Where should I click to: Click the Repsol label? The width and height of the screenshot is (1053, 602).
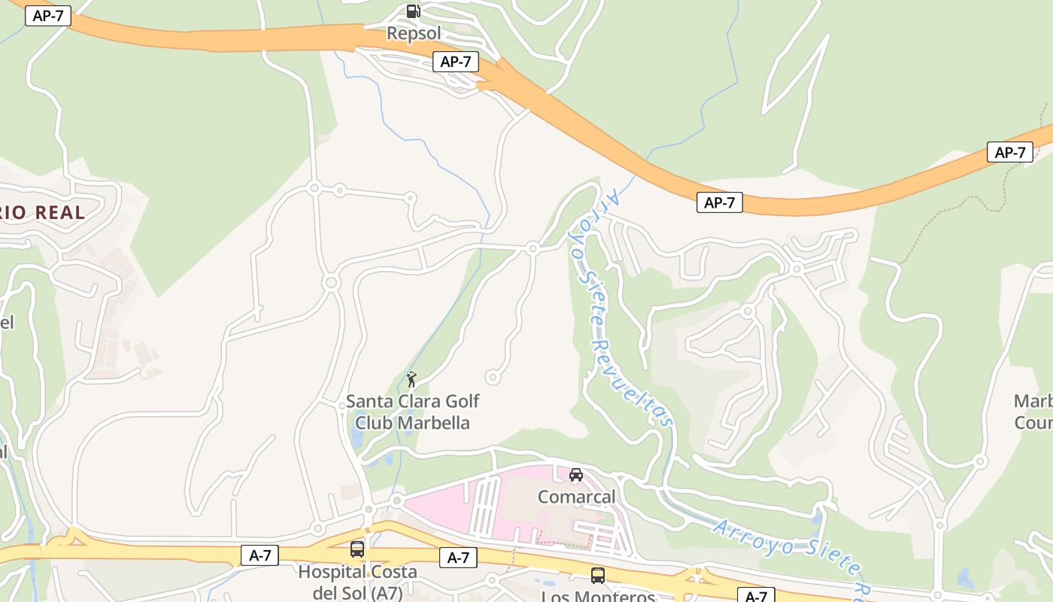point(413,33)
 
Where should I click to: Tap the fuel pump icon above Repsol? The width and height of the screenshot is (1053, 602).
point(413,11)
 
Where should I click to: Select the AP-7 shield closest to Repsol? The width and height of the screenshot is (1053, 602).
point(456,62)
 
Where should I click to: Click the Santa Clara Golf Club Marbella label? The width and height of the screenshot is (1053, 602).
point(412,412)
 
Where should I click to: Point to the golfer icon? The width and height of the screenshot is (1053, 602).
point(411,379)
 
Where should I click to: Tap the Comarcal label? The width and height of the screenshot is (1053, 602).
point(576,497)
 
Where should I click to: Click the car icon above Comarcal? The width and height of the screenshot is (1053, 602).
point(576,475)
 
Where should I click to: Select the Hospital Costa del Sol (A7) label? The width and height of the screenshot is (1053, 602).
point(357,582)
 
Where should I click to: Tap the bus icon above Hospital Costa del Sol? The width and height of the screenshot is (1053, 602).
point(357,549)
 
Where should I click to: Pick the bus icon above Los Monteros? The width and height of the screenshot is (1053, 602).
point(598,576)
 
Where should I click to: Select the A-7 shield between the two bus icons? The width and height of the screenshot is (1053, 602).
point(458,558)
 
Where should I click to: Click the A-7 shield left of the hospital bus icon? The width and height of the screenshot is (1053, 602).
point(259,556)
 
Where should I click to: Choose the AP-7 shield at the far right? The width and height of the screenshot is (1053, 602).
point(1009,152)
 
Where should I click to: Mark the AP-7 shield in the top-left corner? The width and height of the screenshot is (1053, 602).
point(48,16)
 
